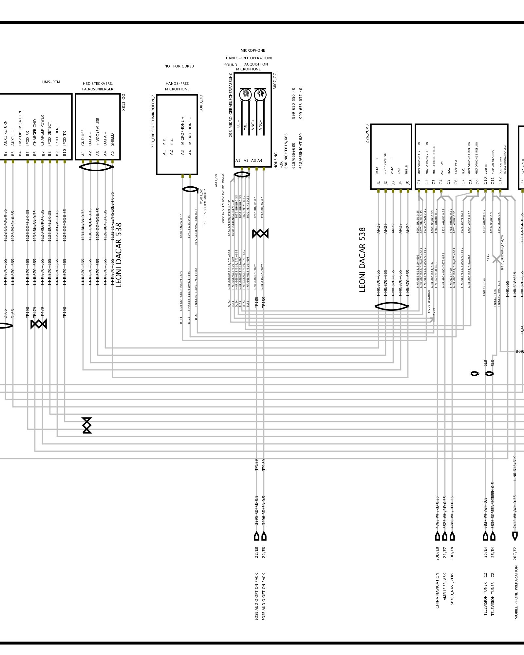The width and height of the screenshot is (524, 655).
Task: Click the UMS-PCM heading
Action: tap(51, 82)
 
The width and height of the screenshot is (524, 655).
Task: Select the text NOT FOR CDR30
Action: tap(179, 66)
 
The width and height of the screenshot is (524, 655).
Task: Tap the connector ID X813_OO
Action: tap(123, 103)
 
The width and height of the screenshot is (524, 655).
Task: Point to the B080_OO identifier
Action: tap(201, 103)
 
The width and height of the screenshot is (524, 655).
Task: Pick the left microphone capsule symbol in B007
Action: tap(245, 95)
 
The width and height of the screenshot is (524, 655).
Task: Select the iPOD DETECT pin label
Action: tap(49, 135)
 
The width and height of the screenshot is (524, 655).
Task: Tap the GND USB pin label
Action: tap(83, 138)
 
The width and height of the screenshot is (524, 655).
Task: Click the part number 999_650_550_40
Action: tap(294, 103)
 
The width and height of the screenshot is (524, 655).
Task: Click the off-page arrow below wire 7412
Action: tap(515, 536)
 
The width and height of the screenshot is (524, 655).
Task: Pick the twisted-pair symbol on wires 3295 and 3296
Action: tap(260, 234)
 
